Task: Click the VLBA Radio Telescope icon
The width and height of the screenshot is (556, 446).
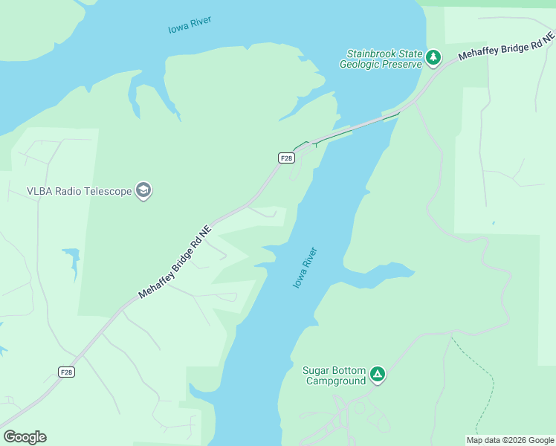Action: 143,191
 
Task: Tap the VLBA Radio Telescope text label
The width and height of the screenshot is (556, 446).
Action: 80,191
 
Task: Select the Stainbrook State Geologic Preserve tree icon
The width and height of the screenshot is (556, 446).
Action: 433,57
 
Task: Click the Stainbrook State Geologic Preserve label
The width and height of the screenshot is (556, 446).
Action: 381,59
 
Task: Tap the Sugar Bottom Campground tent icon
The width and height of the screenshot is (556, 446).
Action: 378,375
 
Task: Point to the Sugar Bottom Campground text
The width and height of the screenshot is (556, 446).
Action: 334,375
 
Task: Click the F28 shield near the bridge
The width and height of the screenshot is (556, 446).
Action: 286,158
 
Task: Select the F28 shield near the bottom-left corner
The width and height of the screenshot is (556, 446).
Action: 67,372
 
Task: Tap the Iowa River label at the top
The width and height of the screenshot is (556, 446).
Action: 190,25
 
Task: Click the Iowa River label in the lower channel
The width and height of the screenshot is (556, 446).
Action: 305,268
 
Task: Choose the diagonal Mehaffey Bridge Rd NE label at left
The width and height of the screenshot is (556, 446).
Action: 175,262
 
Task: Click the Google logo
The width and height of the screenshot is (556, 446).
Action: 25,437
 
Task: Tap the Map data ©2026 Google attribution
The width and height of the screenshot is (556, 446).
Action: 510,440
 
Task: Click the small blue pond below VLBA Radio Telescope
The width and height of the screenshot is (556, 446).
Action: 73,259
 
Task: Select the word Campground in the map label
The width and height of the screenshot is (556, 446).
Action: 337,381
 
